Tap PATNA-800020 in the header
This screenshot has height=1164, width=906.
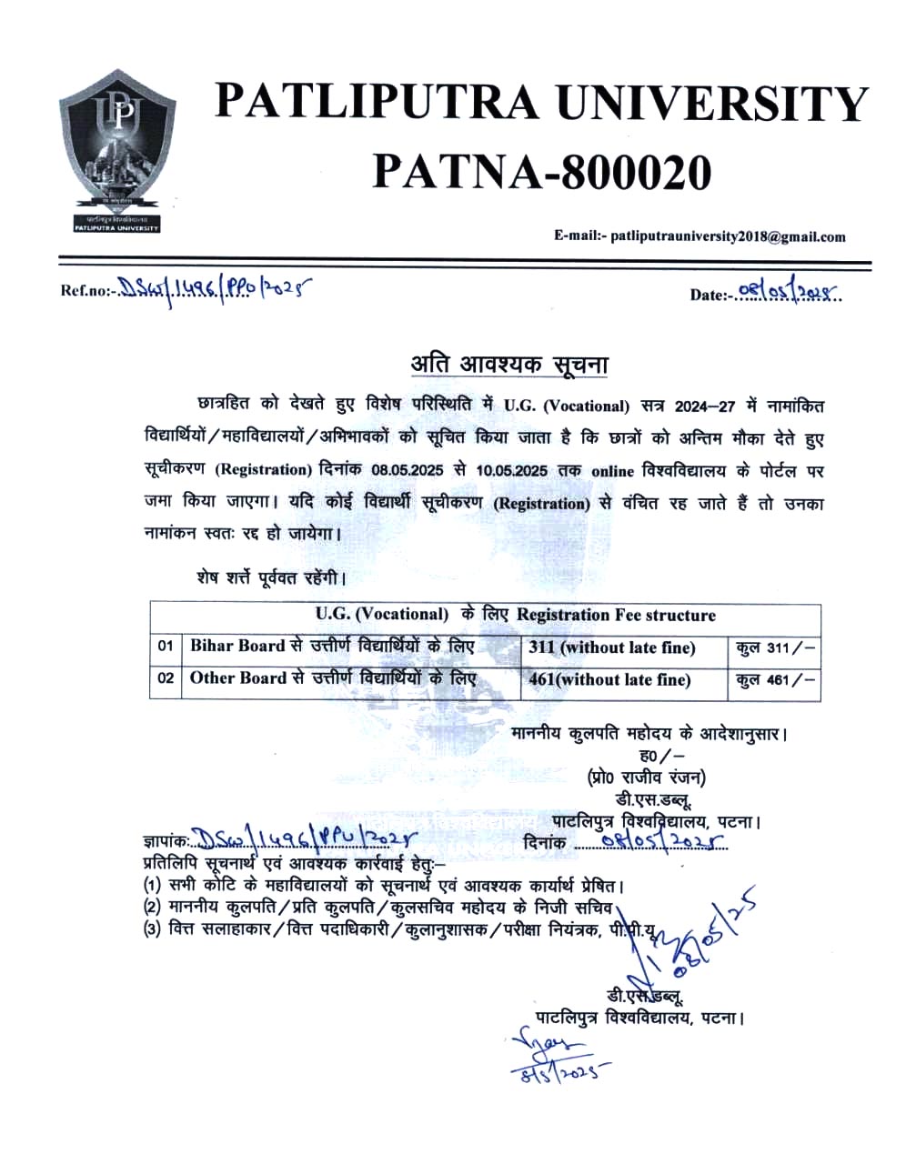[x=541, y=170]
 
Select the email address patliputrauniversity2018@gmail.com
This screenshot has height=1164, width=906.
[x=728, y=236]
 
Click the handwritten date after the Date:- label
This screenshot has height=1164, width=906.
[x=788, y=292]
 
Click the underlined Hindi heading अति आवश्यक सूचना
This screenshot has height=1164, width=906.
[x=508, y=365]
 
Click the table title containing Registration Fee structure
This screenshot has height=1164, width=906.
[x=516, y=615]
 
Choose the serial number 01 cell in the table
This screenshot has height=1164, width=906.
[x=166, y=647]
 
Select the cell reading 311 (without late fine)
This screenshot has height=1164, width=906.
[x=611, y=647]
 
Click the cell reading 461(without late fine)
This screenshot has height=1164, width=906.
[x=609, y=679]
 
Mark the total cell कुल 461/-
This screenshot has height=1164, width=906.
[x=776, y=679]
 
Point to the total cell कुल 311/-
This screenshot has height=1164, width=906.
[x=776, y=647]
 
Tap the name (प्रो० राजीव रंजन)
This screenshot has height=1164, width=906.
[x=646, y=777]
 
